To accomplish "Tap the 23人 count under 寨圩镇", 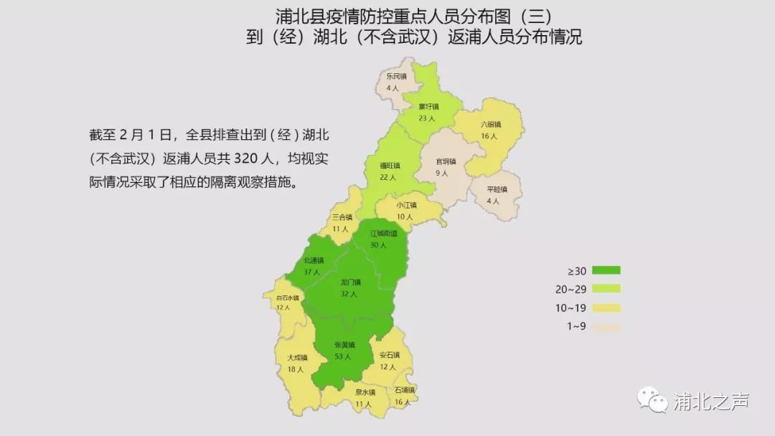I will (x=428, y=118).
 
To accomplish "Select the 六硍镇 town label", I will (x=490, y=124).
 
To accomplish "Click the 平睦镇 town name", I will (x=497, y=190).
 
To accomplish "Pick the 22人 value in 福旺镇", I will (x=389, y=176).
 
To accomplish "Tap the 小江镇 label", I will (x=406, y=205).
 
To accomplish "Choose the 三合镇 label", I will (x=342, y=217).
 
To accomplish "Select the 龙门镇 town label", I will (x=350, y=283).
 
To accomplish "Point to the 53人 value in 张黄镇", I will (x=342, y=356).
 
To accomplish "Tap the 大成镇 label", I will (x=297, y=357).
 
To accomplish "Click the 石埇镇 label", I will (x=404, y=391).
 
